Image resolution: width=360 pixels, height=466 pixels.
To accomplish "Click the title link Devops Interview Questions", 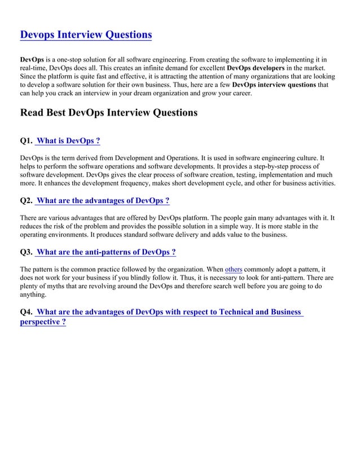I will point(86,35).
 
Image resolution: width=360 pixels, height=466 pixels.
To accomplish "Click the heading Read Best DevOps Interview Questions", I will point(109,112).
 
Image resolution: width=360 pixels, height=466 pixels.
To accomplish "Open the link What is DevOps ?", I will point(68,140).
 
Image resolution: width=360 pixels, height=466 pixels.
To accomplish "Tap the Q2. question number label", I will point(26,201).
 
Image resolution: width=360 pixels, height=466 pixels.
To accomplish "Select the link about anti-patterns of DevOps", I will point(106,252).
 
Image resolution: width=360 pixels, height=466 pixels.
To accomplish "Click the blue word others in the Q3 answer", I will point(234,270).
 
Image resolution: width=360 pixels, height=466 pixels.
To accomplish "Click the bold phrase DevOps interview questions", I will point(274,85).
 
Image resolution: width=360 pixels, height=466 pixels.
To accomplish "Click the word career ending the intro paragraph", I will point(239,93).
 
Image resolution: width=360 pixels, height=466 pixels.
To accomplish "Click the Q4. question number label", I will point(26,312).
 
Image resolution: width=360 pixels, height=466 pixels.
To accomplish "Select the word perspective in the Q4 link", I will point(39,322).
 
